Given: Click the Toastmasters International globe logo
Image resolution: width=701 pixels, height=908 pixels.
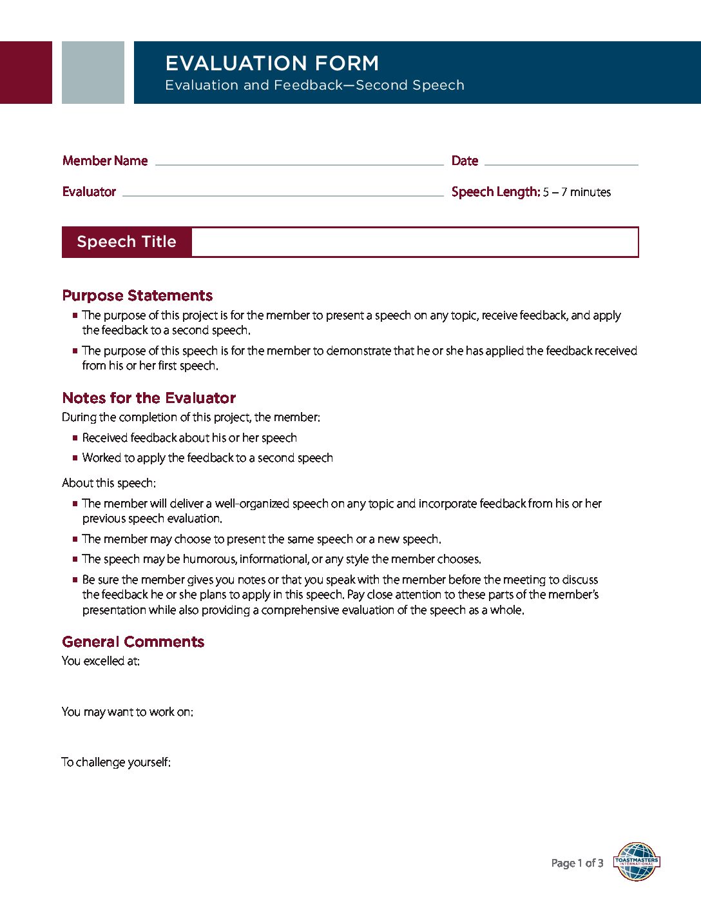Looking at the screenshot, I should (637, 862).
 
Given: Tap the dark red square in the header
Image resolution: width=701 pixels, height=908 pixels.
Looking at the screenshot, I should (26, 72).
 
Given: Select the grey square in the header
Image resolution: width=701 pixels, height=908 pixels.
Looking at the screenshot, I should (93, 72).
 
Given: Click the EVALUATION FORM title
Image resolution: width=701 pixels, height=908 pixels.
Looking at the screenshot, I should (272, 63).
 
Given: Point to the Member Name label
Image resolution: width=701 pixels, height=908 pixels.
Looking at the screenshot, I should (105, 161).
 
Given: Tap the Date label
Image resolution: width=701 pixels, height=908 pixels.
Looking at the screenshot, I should (465, 161).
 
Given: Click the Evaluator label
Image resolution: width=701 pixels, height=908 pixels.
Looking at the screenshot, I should (89, 192).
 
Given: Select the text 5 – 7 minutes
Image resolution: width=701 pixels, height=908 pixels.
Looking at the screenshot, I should (577, 192).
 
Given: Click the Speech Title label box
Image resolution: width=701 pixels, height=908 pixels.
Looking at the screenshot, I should (126, 242).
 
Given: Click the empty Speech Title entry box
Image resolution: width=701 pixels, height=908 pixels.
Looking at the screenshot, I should (414, 242).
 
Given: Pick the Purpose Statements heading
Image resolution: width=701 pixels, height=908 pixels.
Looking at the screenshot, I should (137, 295).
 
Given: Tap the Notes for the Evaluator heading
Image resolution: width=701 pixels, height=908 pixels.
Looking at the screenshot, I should (149, 398).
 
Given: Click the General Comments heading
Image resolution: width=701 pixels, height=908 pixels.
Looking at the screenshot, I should (133, 642).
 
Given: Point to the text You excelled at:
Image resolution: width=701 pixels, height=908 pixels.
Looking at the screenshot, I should (101, 661).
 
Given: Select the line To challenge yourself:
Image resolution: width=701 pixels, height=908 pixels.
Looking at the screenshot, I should (116, 762).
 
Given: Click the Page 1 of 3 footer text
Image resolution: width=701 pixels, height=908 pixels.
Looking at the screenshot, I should (577, 863).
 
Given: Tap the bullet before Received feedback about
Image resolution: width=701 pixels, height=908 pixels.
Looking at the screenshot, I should (75, 438).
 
